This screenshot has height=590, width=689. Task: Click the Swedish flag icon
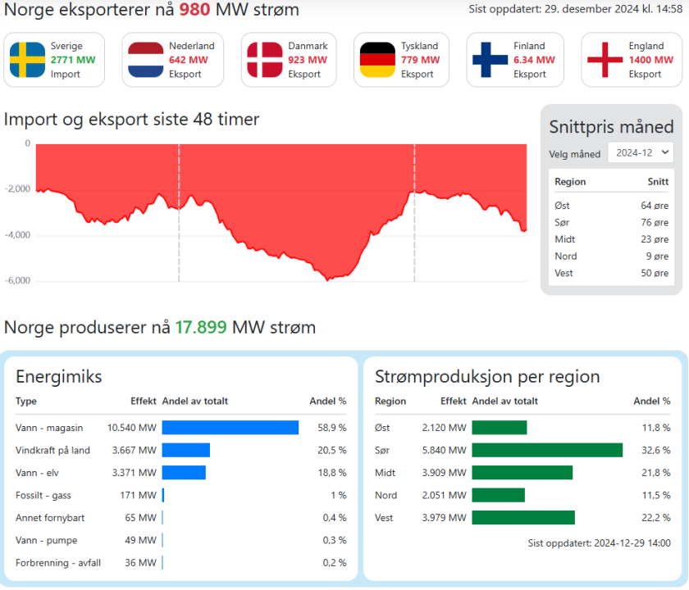(27, 60)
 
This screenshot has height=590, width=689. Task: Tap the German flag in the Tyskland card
(377, 60)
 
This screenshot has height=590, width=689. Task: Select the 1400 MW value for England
(645, 60)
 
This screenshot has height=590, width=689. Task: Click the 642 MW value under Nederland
(185, 60)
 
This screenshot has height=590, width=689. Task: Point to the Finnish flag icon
(490, 60)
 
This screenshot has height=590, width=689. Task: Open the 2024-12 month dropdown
(640, 152)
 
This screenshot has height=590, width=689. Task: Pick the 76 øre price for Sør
(655, 222)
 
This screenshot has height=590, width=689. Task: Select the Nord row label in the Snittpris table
(565, 256)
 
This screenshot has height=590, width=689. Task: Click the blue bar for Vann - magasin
(230, 428)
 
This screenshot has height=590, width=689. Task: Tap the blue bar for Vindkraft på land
(186, 450)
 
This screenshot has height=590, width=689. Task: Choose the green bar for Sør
(547, 450)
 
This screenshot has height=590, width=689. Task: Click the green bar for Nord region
(498, 495)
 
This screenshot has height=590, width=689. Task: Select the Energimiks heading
(59, 377)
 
